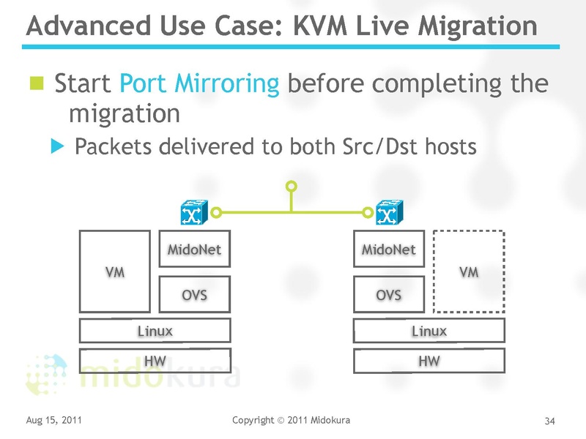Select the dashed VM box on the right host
click(x=468, y=271)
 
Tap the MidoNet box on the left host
click(x=194, y=250)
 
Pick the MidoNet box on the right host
click(x=388, y=250)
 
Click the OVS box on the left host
click(x=194, y=295)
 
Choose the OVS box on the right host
click(x=388, y=295)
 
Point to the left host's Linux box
click(x=155, y=331)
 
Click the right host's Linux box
click(x=429, y=331)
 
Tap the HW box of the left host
click(x=155, y=361)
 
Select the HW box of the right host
click(x=429, y=361)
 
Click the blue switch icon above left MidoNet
click(x=194, y=214)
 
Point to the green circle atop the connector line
click(x=292, y=187)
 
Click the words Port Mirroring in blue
click(x=199, y=83)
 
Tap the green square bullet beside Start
click(x=37, y=82)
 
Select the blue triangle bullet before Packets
click(x=58, y=146)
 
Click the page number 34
click(x=551, y=421)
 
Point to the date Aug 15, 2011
click(x=53, y=420)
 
